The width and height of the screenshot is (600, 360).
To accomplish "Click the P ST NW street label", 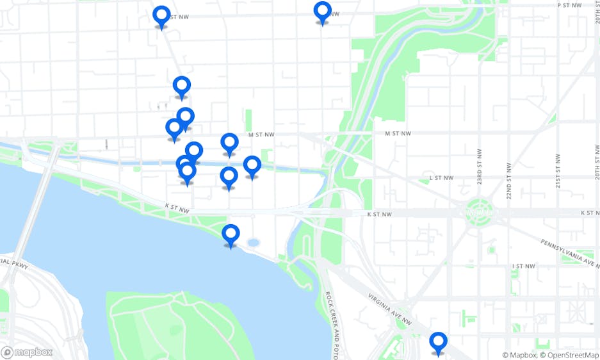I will pyautogui.click(x=568, y=4).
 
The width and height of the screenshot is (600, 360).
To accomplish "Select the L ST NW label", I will pyautogui.click(x=441, y=177).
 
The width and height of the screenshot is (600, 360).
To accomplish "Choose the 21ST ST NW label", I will pyautogui.click(x=558, y=167).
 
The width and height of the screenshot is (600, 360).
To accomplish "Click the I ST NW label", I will pyautogui.click(x=523, y=266).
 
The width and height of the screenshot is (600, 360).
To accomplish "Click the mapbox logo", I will pyautogui.click(x=27, y=352).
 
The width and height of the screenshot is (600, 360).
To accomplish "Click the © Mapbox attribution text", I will pyautogui.click(x=518, y=355).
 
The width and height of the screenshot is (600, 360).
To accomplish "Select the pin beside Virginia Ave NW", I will pyautogui.click(x=438, y=342).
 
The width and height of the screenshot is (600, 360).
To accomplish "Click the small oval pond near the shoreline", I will pyautogui.click(x=253, y=243).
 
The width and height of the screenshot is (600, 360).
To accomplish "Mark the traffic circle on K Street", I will pyautogui.click(x=477, y=209).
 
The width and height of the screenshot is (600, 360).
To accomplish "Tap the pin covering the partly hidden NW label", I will pyautogui.click(x=323, y=12).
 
